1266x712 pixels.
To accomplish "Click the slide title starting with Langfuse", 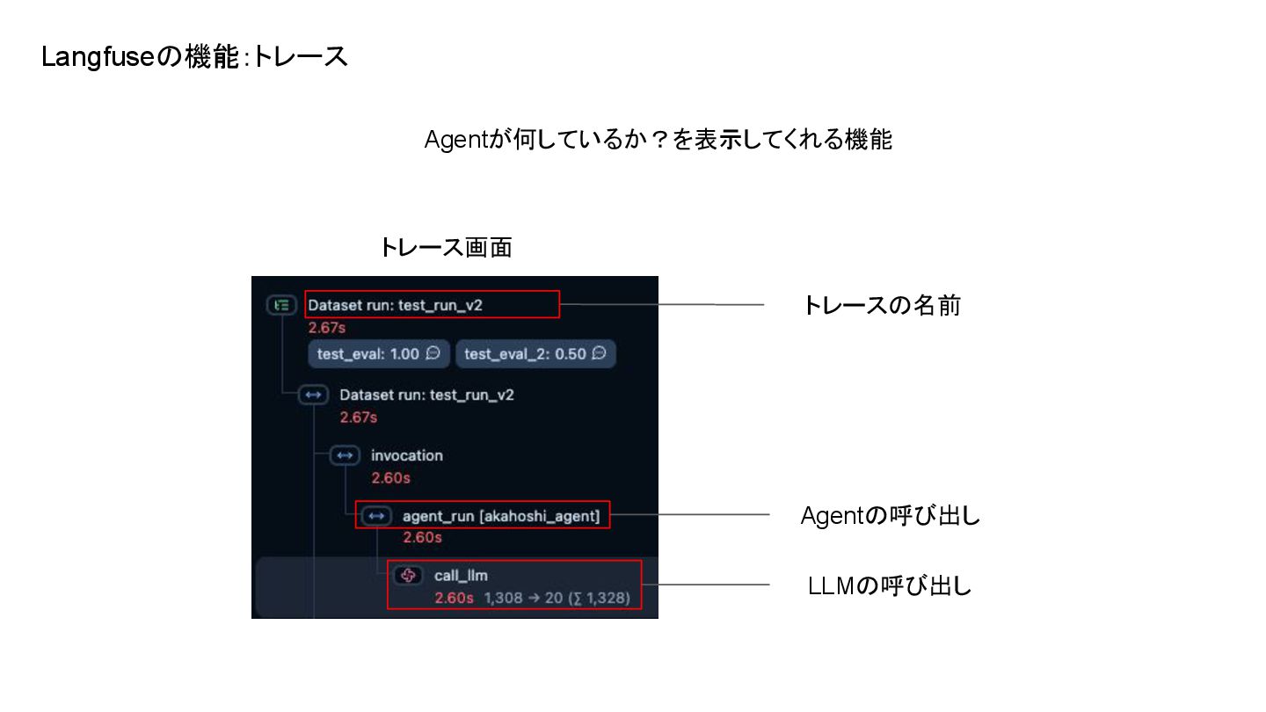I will click(194, 57).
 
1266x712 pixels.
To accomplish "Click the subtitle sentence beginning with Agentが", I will click(658, 140).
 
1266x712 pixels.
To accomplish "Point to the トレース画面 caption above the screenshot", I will click(445, 247).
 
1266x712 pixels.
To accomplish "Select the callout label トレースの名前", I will click(881, 305).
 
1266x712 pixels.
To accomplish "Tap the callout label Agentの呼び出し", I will click(890, 516).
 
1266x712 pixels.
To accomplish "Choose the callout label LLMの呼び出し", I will click(890, 585).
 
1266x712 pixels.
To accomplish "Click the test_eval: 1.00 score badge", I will click(378, 354).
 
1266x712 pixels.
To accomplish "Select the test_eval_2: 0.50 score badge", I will click(535, 354).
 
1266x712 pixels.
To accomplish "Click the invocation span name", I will click(406, 455).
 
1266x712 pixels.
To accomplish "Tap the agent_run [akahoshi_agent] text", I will click(500, 516).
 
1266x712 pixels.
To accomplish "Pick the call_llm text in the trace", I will click(461, 575).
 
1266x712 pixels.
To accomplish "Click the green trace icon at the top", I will click(281, 305).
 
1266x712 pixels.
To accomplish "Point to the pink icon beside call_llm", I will click(408, 575).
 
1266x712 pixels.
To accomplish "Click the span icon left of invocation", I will click(345, 455).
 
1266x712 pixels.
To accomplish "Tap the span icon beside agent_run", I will click(377, 516).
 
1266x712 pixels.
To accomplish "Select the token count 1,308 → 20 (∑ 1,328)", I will click(557, 598).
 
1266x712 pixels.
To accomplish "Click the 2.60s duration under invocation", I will click(390, 478).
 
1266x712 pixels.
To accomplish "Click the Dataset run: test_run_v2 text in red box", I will click(395, 305).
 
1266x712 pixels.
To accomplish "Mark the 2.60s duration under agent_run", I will click(422, 537).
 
